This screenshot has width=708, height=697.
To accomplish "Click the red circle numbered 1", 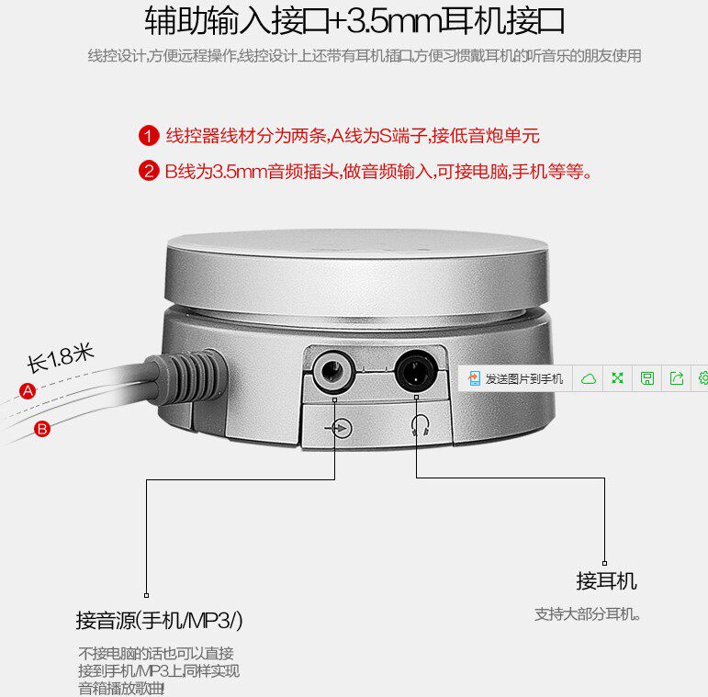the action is [x=149, y=135].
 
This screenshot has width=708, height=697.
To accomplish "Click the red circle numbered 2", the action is [x=149, y=171].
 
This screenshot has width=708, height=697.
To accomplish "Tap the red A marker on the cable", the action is [x=28, y=390].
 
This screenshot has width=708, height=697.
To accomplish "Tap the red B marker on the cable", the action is [x=42, y=429].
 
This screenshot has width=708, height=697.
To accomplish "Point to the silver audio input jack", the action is [x=333, y=372].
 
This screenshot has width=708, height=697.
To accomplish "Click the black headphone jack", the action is [x=416, y=370].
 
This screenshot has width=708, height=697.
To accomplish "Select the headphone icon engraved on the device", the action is [x=420, y=426].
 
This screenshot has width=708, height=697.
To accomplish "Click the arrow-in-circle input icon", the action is [x=339, y=427].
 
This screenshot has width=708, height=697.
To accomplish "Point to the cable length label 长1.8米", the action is [x=60, y=357].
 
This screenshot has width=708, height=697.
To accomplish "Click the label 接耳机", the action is [x=606, y=581].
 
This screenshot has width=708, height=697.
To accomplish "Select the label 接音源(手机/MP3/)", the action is [x=159, y=620].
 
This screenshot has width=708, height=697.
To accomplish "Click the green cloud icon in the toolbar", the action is [x=589, y=378].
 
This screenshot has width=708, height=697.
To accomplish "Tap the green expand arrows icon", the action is [x=617, y=377].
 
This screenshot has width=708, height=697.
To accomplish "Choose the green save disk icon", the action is [x=647, y=377].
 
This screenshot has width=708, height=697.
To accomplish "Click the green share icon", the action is [x=677, y=377].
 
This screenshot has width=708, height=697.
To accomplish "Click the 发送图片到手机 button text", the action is [x=523, y=378].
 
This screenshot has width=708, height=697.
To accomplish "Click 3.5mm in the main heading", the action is [x=395, y=21].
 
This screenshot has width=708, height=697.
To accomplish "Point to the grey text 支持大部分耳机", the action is [x=587, y=614].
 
